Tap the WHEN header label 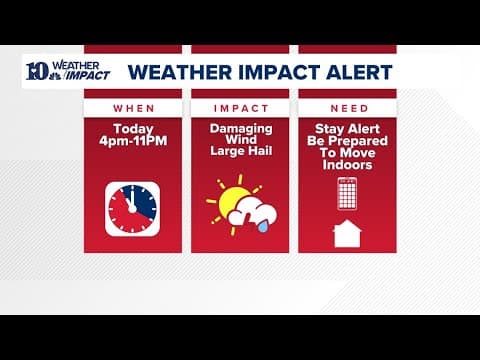[132, 107]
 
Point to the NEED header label [347, 107]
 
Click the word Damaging [239, 128]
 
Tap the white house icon [347, 233]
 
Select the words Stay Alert [347, 128]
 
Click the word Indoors [347, 165]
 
